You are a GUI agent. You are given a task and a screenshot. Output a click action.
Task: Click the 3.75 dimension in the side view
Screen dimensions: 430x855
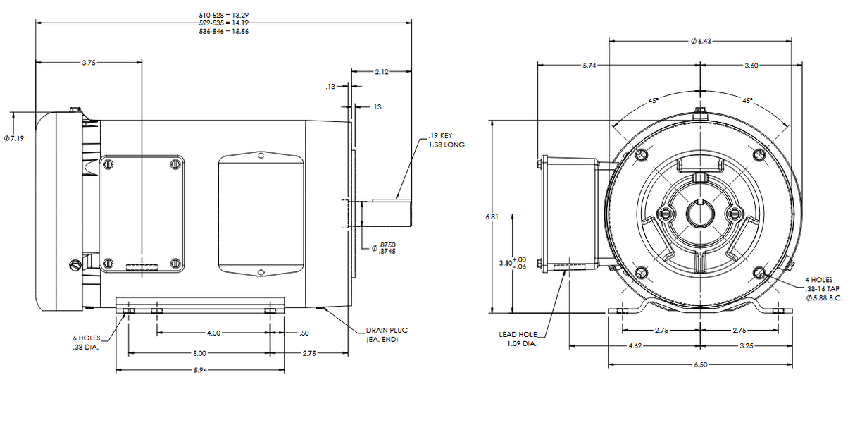[88, 63]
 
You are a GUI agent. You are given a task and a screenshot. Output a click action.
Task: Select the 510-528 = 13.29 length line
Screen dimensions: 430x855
[224, 14]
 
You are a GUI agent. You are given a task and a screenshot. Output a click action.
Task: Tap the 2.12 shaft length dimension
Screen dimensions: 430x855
[382, 72]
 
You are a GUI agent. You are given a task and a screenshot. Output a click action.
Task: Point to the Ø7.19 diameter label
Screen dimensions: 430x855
[13, 138]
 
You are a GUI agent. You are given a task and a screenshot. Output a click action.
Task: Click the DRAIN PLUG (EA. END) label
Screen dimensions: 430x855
[386, 335]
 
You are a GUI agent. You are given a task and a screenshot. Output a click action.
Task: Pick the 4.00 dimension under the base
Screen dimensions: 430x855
[213, 333]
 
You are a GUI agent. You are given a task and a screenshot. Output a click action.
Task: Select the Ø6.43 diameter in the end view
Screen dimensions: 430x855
[701, 42]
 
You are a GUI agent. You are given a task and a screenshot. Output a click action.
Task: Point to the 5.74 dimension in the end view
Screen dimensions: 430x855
[589, 66]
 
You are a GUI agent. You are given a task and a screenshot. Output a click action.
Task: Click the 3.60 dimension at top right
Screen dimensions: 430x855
[751, 66]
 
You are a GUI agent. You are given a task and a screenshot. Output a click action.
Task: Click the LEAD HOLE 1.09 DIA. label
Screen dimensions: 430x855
[518, 339]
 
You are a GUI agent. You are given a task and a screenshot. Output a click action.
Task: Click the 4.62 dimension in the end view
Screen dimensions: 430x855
[633, 346]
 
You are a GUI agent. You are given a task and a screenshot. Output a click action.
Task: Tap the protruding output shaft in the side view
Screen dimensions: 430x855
[387, 214]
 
